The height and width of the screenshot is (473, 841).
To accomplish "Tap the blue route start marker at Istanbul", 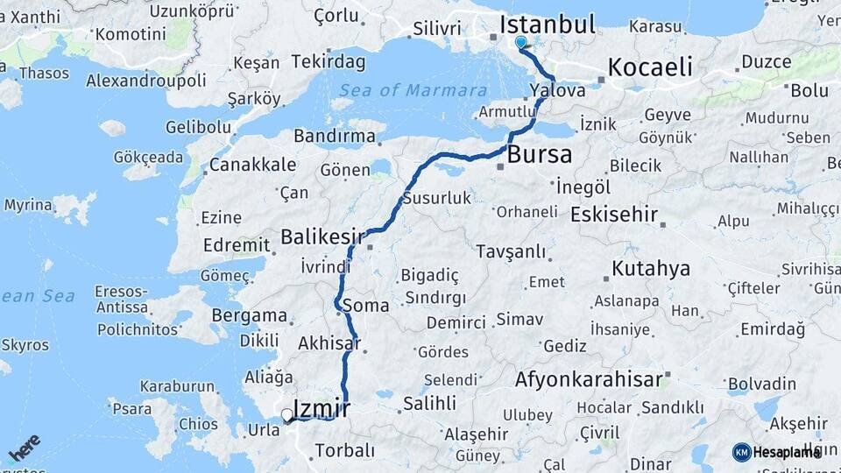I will coord(521,42).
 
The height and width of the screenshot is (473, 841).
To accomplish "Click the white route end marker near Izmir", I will coord(286,415).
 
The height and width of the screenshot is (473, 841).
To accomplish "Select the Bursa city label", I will coord(540,156).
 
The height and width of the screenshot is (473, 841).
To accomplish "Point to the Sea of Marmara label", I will coord(413,90).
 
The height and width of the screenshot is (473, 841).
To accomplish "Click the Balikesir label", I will coord(322,236).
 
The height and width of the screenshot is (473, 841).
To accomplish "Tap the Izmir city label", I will coord(322,407).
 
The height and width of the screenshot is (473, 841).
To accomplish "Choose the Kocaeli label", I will coord(649,67).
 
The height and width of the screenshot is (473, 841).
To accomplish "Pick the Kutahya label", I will coord(651,268).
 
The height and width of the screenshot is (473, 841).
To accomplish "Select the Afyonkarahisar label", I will coord(588,380).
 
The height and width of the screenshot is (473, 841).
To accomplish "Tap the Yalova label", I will coord(558,90).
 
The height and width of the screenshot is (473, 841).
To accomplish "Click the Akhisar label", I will coord(329,342).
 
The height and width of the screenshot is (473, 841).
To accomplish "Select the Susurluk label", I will coord(436,199).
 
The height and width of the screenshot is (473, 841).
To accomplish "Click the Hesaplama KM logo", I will coord(776,452).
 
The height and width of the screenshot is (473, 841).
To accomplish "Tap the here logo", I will coord(25,447).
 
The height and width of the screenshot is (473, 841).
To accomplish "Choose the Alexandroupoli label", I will coord(146,81).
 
